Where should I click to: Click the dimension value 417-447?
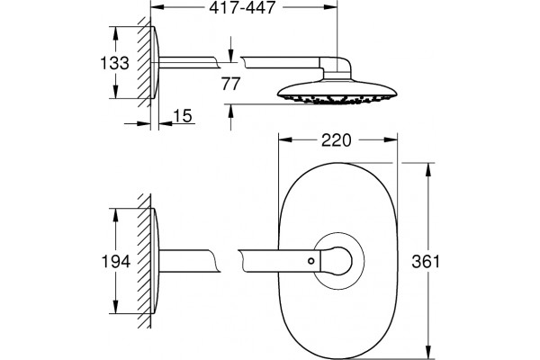(242, 7)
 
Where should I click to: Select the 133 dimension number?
(114, 63)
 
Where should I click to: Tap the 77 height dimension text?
(230, 84)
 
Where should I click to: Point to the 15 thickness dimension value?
(183, 116)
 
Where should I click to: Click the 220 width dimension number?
(336, 140)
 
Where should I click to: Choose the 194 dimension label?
(116, 262)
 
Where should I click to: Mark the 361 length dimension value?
(426, 262)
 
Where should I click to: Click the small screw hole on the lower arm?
(311, 261)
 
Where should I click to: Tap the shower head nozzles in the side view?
(337, 100)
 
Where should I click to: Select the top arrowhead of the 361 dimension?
(428, 169)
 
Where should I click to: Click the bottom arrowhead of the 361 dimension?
(428, 353)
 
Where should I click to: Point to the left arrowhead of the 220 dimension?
(285, 139)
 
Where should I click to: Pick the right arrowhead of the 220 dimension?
(391, 139)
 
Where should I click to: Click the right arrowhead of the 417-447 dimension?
(330, 7)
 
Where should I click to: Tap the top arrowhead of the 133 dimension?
(115, 33)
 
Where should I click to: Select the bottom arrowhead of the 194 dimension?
(115, 307)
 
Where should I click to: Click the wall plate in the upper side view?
(155, 62)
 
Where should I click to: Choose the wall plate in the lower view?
(155, 261)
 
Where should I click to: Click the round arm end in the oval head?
(339, 261)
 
